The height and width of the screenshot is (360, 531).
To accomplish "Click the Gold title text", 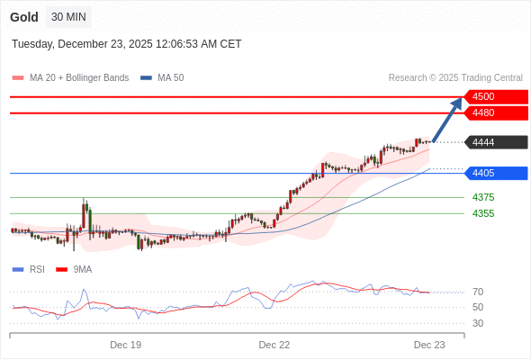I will (24, 17).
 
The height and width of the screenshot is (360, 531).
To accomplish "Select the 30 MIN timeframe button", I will (68, 17).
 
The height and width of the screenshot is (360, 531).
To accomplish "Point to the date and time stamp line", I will (126, 44).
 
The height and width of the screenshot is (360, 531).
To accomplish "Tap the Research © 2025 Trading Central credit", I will (455, 78).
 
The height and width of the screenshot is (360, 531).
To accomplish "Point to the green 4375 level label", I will (483, 197).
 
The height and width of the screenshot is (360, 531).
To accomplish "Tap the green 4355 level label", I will (483, 213).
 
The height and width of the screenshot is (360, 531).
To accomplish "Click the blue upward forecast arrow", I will (447, 120).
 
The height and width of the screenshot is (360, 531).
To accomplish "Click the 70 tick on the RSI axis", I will (478, 292).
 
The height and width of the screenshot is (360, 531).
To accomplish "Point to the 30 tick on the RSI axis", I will (478, 323).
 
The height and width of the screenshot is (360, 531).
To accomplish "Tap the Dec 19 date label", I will (125, 345).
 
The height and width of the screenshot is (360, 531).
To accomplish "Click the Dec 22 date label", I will (274, 345).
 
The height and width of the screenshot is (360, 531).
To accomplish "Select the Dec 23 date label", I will (429, 345).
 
